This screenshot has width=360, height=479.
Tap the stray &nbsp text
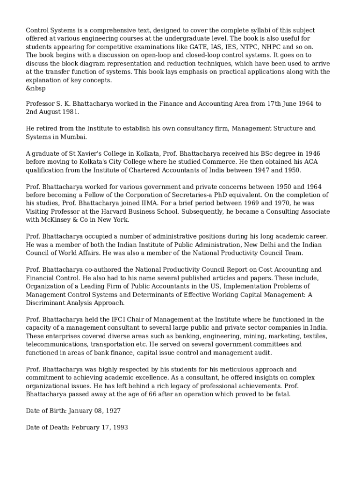(x=36, y=88)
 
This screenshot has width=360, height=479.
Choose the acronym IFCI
(x=132, y=319)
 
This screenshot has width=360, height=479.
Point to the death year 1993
(x=120, y=427)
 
